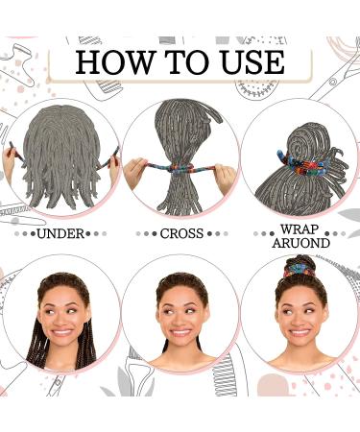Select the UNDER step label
click(60, 233)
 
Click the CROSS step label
click(180, 233)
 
